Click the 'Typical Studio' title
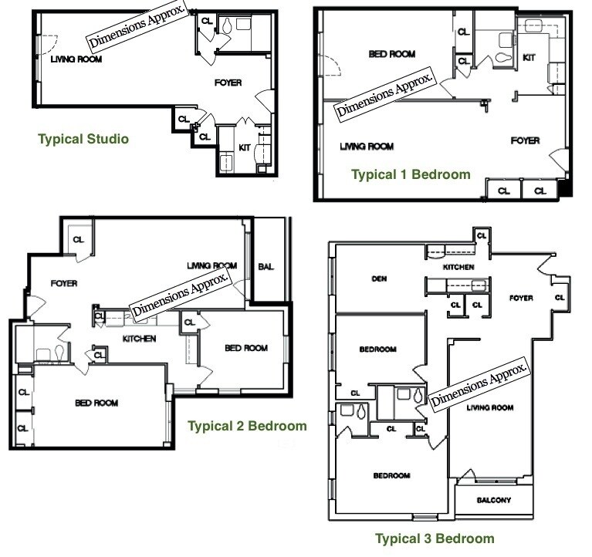pyautogui.click(x=83, y=140)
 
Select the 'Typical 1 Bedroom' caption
pyautogui.click(x=411, y=174)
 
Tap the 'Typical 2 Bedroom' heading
pyautogui.click(x=247, y=426)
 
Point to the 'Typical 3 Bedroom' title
pyautogui.click(x=435, y=538)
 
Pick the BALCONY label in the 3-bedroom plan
pyautogui.click(x=493, y=501)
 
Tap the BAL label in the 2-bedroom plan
pyautogui.click(x=268, y=267)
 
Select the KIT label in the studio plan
pyautogui.click(x=244, y=146)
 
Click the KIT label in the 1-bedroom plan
pyautogui.click(x=529, y=57)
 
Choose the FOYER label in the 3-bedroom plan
pyautogui.click(x=522, y=298)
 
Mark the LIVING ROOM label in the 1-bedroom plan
pyautogui.click(x=367, y=147)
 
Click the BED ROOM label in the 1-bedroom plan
pyautogui.click(x=391, y=54)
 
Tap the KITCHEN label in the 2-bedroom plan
pyautogui.click(x=139, y=339)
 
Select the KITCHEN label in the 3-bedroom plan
pyautogui.click(x=458, y=267)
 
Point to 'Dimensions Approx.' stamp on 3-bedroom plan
pyautogui.click(x=479, y=383)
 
